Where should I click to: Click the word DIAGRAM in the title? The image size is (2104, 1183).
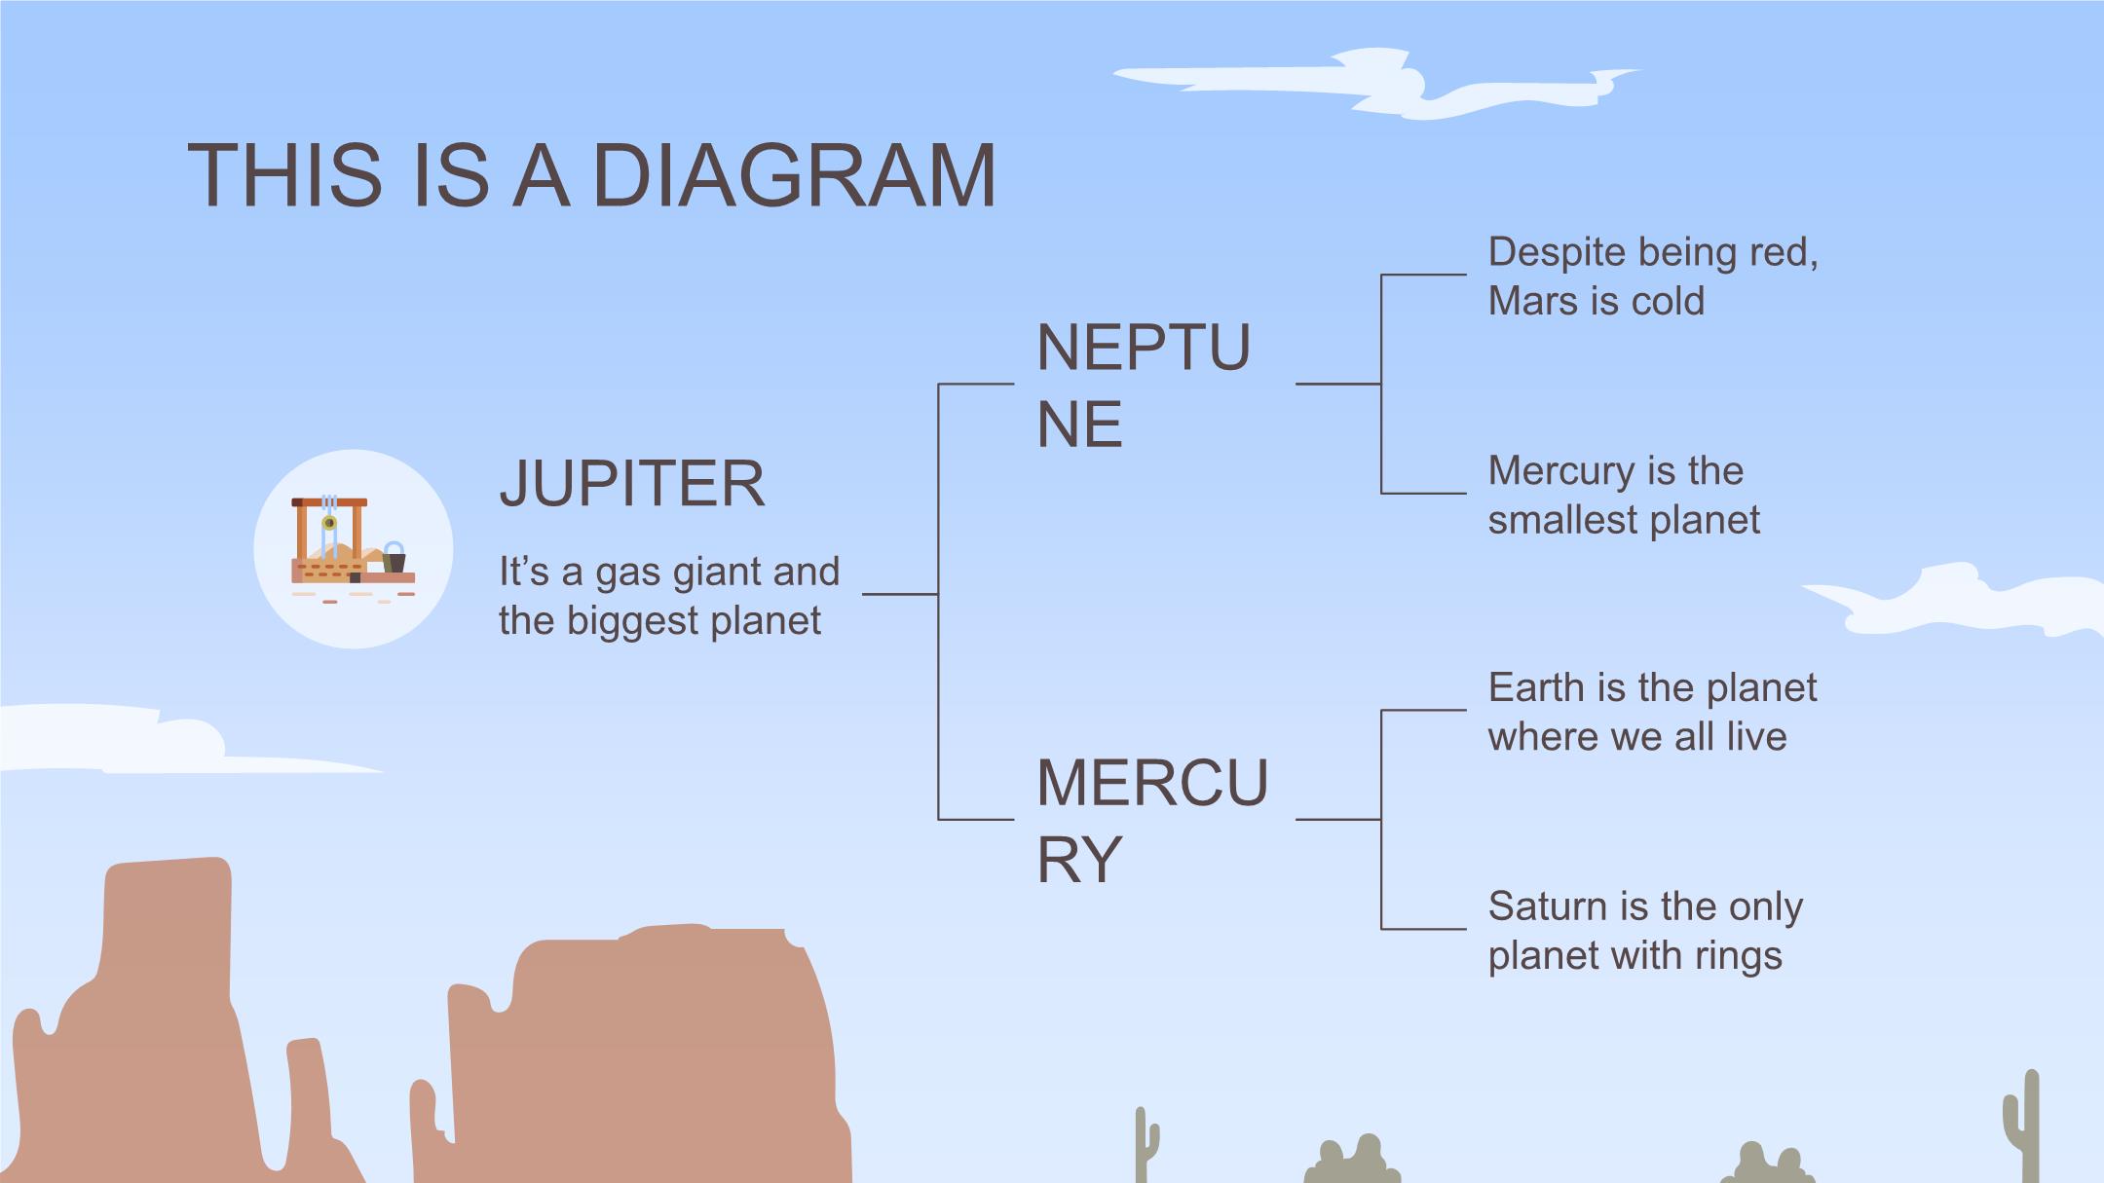click(793, 175)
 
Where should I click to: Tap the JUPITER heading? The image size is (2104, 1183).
click(631, 483)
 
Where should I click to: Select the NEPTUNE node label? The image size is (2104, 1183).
click(1143, 386)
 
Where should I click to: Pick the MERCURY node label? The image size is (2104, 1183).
click(1151, 821)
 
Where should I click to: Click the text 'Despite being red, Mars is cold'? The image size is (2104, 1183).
click(1652, 277)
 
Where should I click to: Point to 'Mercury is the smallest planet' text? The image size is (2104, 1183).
click(1623, 495)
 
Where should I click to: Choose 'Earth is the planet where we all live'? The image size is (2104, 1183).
click(1651, 712)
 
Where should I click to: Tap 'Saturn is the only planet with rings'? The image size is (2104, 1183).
click(1644, 930)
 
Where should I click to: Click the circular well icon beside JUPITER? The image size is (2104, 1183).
click(353, 549)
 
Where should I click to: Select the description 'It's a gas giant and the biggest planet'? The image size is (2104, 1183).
click(668, 596)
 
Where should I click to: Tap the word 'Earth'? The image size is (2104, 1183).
click(1536, 688)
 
